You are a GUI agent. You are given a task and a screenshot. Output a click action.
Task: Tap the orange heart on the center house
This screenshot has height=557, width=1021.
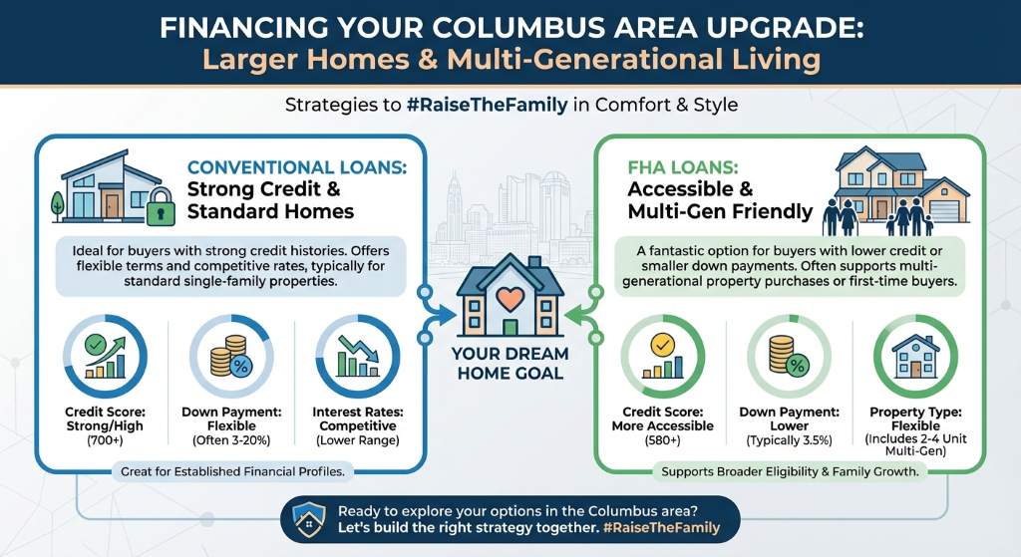click(510, 299)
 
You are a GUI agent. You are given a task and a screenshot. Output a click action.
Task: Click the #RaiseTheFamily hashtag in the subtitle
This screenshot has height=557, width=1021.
click(487, 105)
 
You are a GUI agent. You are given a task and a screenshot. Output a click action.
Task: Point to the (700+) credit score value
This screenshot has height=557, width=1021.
click(105, 440)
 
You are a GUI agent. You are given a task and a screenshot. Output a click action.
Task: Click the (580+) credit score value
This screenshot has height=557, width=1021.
click(662, 440)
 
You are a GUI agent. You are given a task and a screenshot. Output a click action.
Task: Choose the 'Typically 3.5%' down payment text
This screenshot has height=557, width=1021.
click(790, 440)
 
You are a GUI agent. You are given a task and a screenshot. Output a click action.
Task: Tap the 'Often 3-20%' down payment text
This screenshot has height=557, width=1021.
click(231, 440)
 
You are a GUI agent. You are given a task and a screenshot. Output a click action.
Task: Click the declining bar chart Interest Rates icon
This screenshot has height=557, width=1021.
click(358, 357)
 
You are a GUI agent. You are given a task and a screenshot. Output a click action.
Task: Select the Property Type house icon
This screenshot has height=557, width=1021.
click(915, 356)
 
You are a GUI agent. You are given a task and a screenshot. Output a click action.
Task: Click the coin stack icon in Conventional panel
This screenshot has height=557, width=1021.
click(230, 357)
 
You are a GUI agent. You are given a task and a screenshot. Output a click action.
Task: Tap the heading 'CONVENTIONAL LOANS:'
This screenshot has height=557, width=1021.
click(297, 167)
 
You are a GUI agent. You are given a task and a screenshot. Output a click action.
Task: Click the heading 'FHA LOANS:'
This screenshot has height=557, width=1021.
click(683, 167)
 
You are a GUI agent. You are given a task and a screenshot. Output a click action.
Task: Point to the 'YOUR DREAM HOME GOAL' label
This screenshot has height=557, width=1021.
click(510, 363)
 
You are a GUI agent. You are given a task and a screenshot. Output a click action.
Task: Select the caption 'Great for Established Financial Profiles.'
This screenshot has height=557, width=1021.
click(232, 471)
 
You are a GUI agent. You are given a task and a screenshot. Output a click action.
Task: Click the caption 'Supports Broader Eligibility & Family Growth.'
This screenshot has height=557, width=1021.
click(790, 471)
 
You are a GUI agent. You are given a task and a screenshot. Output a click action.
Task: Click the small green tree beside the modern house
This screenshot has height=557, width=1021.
click(58, 205)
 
